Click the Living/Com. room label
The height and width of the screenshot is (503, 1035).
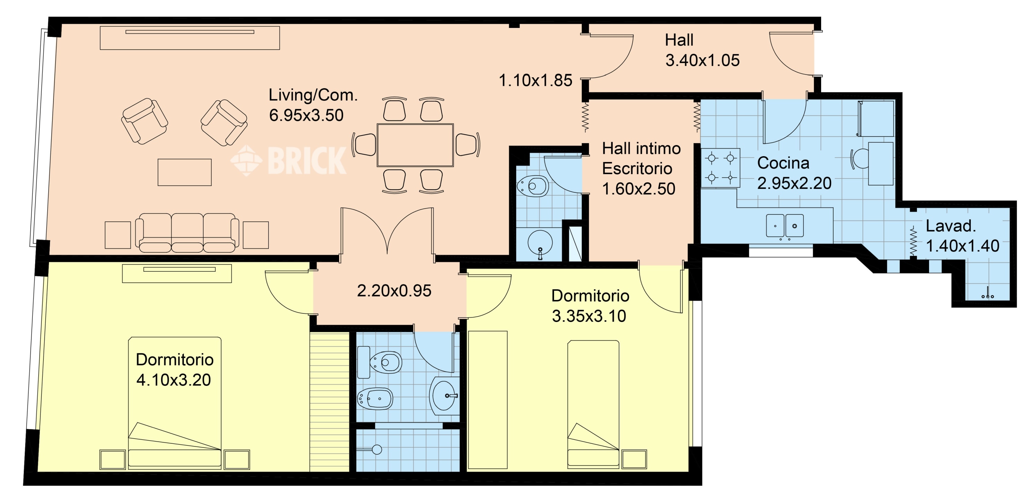coord(313,95)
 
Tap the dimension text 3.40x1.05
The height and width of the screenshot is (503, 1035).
coord(702,60)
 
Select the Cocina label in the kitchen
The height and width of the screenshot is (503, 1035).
coord(783,163)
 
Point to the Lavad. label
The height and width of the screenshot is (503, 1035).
coord(950,226)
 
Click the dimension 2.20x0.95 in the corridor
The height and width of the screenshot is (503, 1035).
coord(394,291)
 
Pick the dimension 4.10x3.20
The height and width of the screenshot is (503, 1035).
coord(174,380)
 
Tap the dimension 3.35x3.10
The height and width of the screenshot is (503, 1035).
coord(589,316)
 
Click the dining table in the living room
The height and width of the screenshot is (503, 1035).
coord(415,145)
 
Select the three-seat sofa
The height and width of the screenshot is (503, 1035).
coord(187,233)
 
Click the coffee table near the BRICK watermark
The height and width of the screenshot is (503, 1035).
coord(185,172)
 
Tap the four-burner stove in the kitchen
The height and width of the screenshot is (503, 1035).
coord(721,168)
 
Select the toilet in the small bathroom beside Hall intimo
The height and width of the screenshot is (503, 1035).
coord(532,186)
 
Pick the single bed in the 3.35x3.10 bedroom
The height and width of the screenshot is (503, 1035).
coord(593,404)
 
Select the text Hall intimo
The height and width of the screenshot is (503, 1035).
coord(641,149)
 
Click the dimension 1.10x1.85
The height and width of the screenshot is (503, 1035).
coord(535,80)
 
